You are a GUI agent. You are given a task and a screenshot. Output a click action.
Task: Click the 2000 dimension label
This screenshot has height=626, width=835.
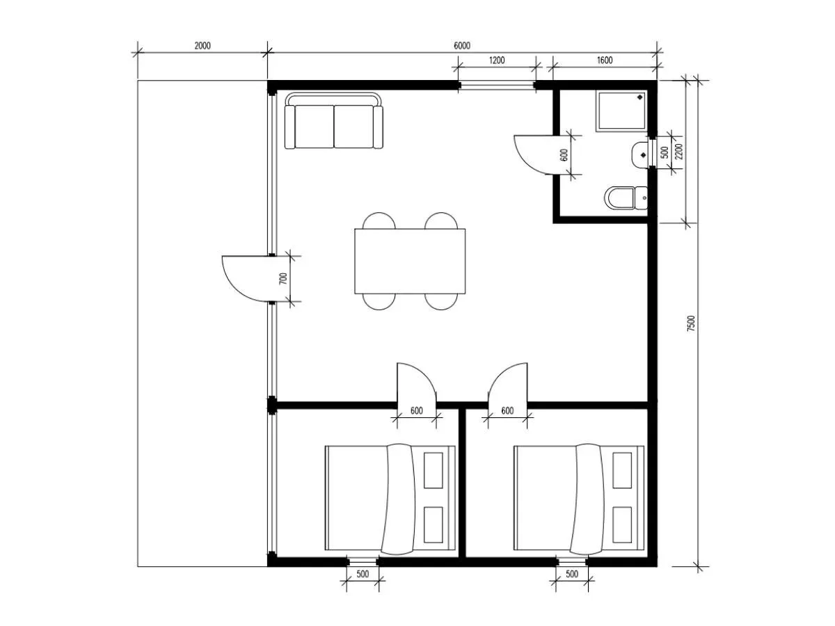coord(202,46)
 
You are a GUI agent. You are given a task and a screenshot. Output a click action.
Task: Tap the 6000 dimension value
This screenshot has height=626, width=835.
coord(461,46)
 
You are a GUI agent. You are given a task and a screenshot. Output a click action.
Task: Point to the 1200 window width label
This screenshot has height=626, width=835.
coord(496,60)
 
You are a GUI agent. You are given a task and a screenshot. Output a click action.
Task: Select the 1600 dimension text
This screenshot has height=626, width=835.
coord(605,60)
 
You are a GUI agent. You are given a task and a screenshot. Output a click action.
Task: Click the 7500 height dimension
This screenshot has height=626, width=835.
coord(691,323)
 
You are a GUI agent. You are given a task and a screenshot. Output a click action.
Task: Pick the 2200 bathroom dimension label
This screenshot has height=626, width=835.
coord(678,151)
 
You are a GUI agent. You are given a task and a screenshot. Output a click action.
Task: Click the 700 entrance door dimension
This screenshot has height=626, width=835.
coord(283,279)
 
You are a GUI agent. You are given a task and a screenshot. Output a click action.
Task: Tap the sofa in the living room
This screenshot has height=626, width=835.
coord(333,120)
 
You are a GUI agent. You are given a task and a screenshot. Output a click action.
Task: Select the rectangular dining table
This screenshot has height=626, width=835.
coord(409,261)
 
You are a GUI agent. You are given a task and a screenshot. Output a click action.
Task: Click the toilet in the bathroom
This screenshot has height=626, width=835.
coord(626,198)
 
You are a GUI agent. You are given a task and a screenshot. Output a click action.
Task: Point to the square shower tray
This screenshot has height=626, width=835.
coord(621,111)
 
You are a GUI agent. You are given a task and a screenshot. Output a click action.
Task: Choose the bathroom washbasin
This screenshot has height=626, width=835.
coord(640,154)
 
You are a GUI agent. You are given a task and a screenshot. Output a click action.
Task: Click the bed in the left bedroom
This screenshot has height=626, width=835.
coord(390,498)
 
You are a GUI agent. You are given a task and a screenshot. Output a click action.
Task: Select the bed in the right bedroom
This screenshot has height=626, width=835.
coord(579,498)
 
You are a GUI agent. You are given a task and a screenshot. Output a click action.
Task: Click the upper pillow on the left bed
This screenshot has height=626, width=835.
coord(433,470)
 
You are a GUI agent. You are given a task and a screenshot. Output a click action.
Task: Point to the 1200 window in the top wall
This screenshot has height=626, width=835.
coord(496,86)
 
